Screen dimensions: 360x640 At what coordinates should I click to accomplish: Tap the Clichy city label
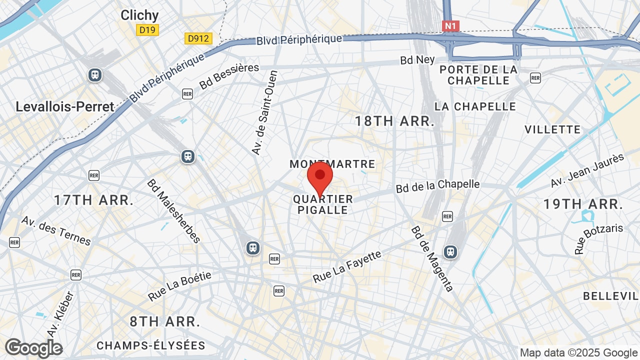coord(139,15)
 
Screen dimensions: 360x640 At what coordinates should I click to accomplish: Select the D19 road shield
coord(147,30)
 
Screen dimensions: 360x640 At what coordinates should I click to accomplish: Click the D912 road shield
coord(198,38)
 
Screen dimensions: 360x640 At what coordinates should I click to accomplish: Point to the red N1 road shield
coord(450,25)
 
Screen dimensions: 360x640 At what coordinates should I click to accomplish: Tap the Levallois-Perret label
coord(65,106)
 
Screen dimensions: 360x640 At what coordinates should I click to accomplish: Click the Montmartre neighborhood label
coord(332,164)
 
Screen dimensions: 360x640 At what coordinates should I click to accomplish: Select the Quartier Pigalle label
coord(323,204)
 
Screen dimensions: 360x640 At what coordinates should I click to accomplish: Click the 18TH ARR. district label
coord(394,121)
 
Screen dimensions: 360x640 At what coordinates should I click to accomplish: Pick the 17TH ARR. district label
coord(94,200)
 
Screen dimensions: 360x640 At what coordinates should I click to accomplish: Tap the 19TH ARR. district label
coord(583,204)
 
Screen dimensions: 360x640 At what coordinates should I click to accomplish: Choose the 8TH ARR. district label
coord(165,321)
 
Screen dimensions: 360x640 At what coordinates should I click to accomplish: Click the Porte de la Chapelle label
coord(478,75)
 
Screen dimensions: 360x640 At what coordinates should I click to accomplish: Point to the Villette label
coord(552,129)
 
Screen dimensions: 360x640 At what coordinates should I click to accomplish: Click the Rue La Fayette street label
coord(347,266)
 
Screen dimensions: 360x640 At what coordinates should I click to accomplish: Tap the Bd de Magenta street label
coord(432,259)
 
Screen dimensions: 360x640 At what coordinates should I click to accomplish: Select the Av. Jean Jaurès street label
coord(587,170)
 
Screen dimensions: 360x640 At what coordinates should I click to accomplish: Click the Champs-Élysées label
coord(151,345)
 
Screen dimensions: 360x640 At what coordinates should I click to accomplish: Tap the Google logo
coord(33,348)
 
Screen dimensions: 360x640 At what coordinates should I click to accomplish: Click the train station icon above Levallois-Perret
coord(94,75)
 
